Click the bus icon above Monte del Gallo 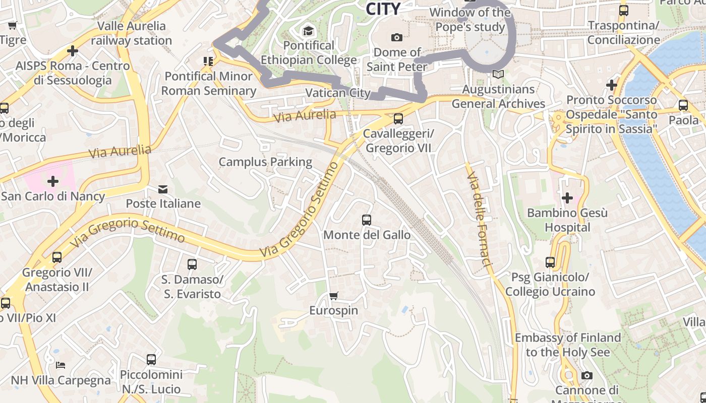(x=367, y=220)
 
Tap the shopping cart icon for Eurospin (x=333, y=296)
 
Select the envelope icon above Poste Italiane (x=163, y=189)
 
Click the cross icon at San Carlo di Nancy (x=53, y=181)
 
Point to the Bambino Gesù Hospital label (x=567, y=220)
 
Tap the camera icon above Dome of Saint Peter (x=397, y=37)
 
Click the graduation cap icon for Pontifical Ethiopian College (x=308, y=31)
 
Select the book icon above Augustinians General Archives (x=498, y=75)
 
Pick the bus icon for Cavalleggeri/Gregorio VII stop (x=398, y=119)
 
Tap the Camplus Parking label (x=265, y=162)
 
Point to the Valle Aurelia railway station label (x=132, y=33)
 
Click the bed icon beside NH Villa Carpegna (x=61, y=365)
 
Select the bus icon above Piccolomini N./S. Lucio (x=151, y=360)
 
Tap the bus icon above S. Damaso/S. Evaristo (x=192, y=264)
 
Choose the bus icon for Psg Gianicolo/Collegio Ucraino (x=550, y=262)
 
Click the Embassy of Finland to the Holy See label (x=568, y=345)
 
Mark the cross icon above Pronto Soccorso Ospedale (x=612, y=85)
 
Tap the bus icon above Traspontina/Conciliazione (x=624, y=10)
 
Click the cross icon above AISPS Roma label (x=73, y=51)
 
